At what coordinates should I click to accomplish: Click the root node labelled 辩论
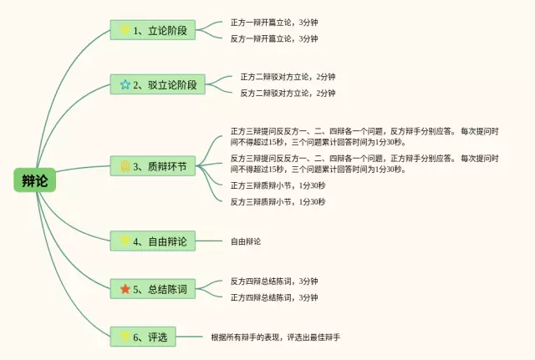pos(34,180)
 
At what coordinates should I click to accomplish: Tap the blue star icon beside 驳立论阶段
pos(125,84)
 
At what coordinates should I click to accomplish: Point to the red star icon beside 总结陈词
pos(125,289)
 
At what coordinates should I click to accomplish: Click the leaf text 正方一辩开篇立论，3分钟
pos(274,23)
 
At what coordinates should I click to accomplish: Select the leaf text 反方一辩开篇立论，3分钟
pos(274,38)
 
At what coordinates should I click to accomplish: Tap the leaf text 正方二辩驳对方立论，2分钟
pos(288,77)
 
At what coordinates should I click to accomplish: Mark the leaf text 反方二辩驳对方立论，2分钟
pos(288,93)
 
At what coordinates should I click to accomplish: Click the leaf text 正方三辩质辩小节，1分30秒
pos(278,185)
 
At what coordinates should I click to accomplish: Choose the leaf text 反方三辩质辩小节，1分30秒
pos(278,201)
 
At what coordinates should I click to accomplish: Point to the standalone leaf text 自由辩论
pos(246,241)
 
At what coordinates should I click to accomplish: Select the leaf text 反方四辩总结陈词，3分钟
pos(274,281)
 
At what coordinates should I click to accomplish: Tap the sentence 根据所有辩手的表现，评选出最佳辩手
pos(276,337)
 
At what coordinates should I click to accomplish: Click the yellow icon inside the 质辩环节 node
pos(125,167)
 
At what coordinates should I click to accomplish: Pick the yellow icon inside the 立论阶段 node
pos(125,31)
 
